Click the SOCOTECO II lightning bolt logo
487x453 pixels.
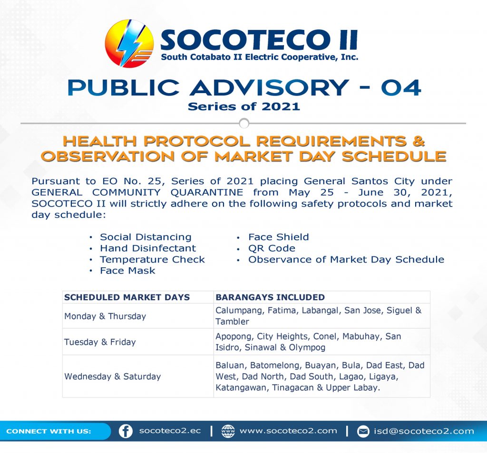[x=129, y=43]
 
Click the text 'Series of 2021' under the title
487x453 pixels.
[x=244, y=106]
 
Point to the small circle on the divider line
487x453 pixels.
[x=244, y=123]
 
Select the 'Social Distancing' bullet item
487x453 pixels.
[x=146, y=237]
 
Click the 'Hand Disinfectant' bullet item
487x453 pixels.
[x=148, y=248]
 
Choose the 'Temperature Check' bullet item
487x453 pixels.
[x=152, y=259]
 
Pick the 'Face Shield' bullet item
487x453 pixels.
[x=279, y=237]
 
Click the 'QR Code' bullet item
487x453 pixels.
[x=272, y=248]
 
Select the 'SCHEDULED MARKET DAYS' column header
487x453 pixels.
[x=127, y=297]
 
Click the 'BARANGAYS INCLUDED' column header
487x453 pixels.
[x=270, y=297]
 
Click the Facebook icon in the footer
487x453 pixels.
[x=126, y=431]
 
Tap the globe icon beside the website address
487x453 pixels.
[x=228, y=431]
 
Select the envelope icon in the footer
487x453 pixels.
[x=363, y=431]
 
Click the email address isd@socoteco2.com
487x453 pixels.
[x=424, y=431]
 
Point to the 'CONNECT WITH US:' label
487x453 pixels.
[x=49, y=431]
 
